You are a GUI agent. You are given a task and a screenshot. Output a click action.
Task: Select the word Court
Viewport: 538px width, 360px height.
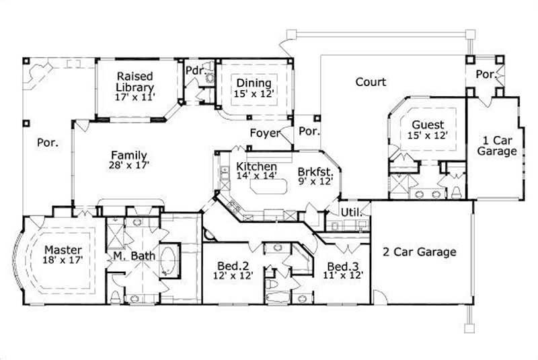(371, 82)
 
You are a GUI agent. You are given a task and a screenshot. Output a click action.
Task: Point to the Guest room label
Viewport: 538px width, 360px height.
(428, 125)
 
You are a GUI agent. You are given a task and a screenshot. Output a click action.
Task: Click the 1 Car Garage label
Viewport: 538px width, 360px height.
(497, 146)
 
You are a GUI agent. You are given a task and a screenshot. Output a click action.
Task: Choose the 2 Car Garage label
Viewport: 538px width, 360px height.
(420, 252)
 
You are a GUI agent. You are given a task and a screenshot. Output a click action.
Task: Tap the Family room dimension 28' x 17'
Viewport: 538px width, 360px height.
(129, 164)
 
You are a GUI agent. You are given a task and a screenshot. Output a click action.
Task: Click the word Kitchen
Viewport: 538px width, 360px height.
(256, 167)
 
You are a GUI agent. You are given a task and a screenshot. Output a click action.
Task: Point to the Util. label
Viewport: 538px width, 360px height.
(352, 211)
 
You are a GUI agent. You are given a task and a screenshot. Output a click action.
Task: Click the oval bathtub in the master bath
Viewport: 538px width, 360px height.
(169, 262)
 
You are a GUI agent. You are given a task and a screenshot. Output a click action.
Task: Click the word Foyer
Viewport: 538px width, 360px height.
(265, 133)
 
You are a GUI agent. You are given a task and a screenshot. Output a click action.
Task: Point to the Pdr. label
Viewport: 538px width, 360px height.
(195, 71)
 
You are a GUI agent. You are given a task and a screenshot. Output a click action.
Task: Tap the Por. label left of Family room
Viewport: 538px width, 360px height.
(47, 143)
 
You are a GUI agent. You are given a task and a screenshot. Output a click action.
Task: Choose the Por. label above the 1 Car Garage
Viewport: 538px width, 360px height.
(485, 74)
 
